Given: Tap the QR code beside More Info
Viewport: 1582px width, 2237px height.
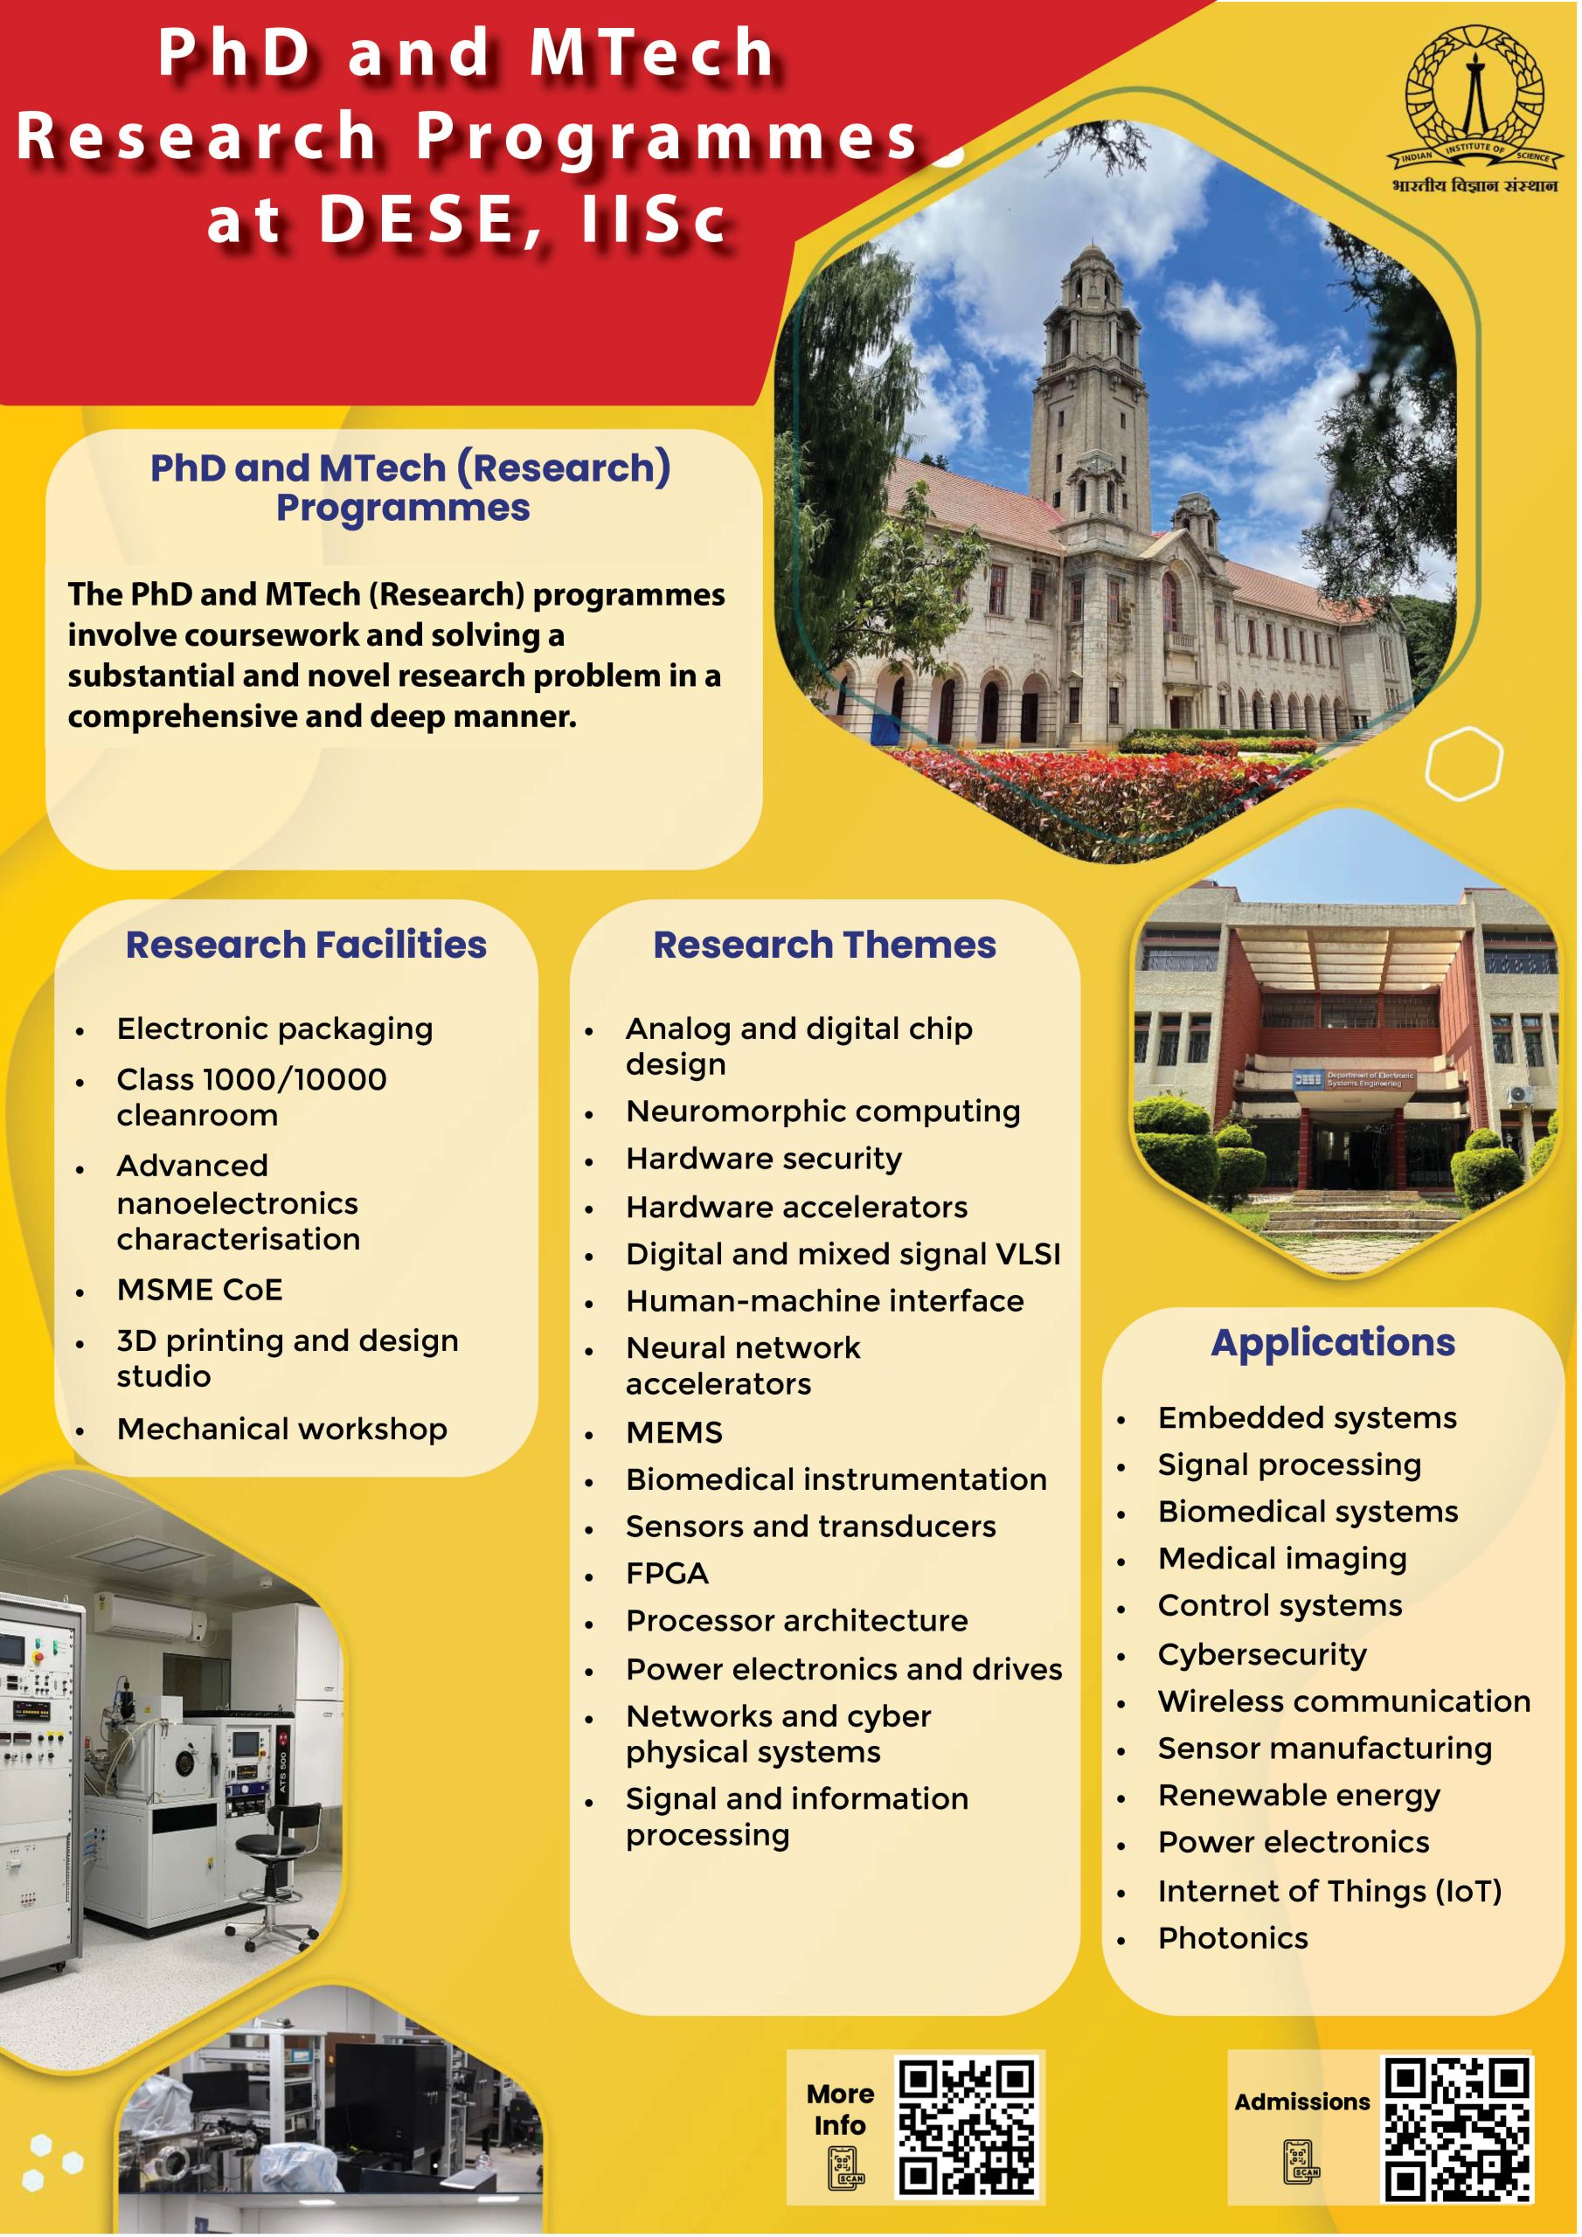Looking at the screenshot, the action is pos(966,2128).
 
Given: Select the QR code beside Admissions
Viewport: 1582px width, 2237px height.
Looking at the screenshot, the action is pos(1457,2128).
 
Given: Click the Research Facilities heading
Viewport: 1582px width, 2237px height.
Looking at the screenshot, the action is pos(306,944).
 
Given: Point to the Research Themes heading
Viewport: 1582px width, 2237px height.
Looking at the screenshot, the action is pos(824,944).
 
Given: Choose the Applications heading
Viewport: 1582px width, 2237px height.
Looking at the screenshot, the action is pos(1333,1342).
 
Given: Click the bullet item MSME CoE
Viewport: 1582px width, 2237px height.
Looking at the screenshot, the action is pos(200,1289).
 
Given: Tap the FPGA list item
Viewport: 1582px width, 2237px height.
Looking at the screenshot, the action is pos(667,1574).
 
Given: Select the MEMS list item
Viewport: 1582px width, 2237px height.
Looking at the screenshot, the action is pos(674,1432).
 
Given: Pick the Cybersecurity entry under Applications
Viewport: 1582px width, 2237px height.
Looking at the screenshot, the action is pos(1262,1654).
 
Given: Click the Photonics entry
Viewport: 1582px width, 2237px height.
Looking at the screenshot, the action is pos(1233,1938).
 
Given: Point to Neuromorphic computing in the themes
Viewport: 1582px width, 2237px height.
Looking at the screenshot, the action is pos(822,1112).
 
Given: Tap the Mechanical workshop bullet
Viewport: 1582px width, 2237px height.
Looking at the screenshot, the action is pos(281,1430).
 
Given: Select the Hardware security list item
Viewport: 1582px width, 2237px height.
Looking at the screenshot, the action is pos(763,1160).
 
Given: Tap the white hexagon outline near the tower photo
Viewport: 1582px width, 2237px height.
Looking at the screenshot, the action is pos(1463,763).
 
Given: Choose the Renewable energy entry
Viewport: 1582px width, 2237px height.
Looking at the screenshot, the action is pos(1298,1796).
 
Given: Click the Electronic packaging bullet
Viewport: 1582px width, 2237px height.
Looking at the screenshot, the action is pos(274,1028).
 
